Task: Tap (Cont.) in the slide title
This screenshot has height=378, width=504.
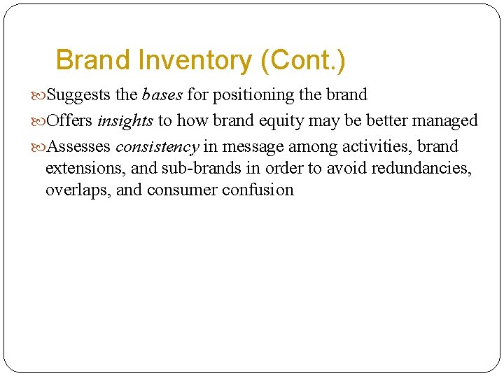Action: pyautogui.click(x=302, y=61)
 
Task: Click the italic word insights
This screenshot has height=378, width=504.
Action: pyautogui.click(x=125, y=121)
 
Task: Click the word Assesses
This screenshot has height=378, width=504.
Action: pyautogui.click(x=78, y=147)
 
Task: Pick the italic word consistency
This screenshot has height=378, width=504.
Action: pyautogui.click(x=157, y=147)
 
